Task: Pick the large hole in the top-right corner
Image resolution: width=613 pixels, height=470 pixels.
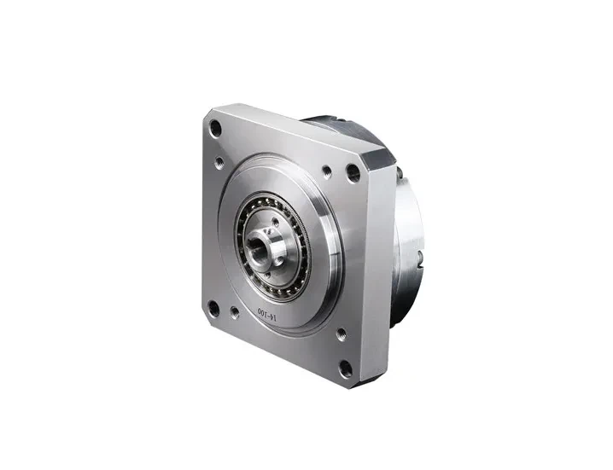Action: click(353, 173)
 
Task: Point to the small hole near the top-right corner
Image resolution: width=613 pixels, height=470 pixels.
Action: click(326, 171)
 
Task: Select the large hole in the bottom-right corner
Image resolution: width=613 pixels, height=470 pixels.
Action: click(345, 368)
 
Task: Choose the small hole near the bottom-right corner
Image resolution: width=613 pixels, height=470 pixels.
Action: click(340, 335)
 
